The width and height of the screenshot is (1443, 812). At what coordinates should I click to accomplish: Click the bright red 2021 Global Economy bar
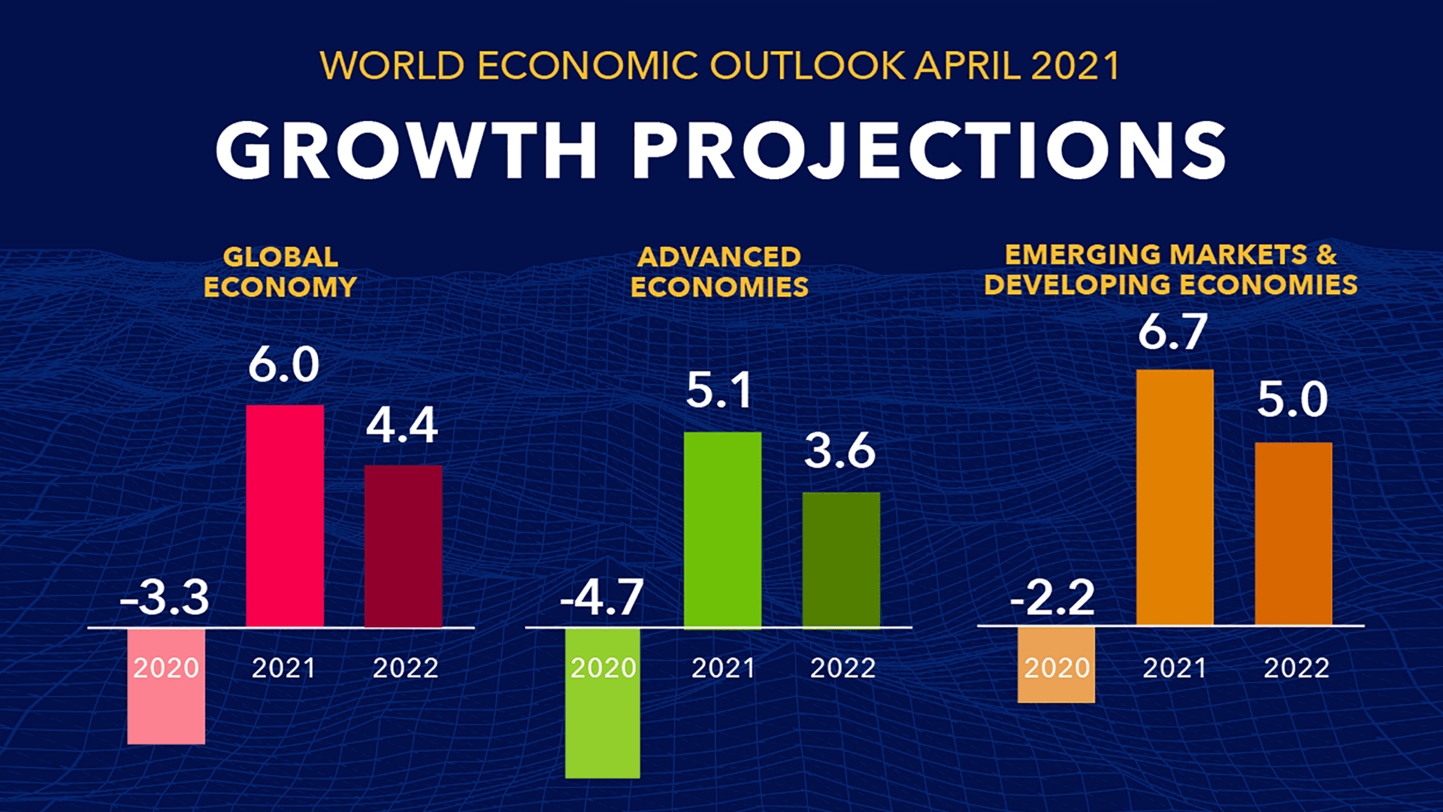[285, 516]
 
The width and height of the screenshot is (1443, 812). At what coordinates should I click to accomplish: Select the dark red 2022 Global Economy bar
[404, 546]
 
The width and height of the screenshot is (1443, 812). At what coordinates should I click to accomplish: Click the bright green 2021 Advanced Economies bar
[722, 529]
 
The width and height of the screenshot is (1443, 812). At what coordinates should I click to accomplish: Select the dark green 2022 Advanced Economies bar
[841, 559]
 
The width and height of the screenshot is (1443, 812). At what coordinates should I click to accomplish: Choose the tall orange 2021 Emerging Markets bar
[1175, 497]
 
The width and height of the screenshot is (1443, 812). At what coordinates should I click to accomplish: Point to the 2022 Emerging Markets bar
[1293, 533]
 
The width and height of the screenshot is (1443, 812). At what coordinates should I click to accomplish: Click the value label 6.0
[284, 365]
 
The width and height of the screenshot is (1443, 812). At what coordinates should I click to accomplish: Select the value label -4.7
[602, 598]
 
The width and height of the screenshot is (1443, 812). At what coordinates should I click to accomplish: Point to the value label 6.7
[1172, 332]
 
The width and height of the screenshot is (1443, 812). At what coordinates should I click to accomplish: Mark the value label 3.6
[840, 451]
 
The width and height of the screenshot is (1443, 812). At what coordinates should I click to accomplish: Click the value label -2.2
[1052, 598]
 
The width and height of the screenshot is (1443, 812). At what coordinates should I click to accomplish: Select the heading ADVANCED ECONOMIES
[719, 272]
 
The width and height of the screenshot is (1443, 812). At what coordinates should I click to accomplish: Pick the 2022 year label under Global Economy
[405, 668]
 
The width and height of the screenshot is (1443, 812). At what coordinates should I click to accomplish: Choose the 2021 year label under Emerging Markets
[1174, 668]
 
